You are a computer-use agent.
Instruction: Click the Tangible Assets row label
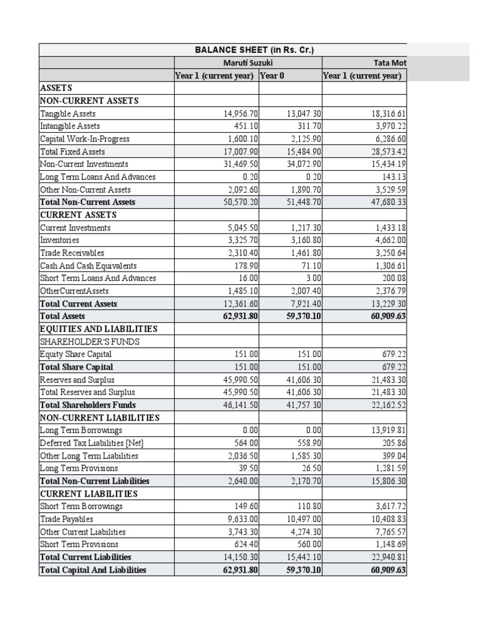click(x=68, y=114)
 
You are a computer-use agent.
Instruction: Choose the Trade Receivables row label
click(x=72, y=253)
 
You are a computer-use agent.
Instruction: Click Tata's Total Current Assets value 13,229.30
click(x=387, y=304)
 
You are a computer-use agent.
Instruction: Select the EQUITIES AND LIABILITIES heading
click(x=99, y=329)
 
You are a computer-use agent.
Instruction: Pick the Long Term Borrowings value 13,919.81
click(x=387, y=431)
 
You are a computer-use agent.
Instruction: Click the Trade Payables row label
click(x=66, y=519)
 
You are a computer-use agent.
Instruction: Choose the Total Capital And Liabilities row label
click(x=93, y=569)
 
